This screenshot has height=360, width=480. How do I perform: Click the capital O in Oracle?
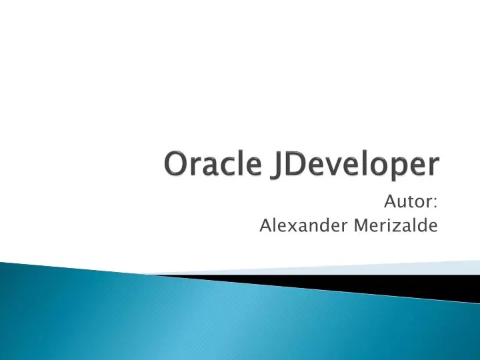[176, 164]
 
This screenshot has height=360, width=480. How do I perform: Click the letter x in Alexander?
[287, 227]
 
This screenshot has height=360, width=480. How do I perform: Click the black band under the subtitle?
[373, 283]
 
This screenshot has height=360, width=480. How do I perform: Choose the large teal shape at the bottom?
[167, 317]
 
